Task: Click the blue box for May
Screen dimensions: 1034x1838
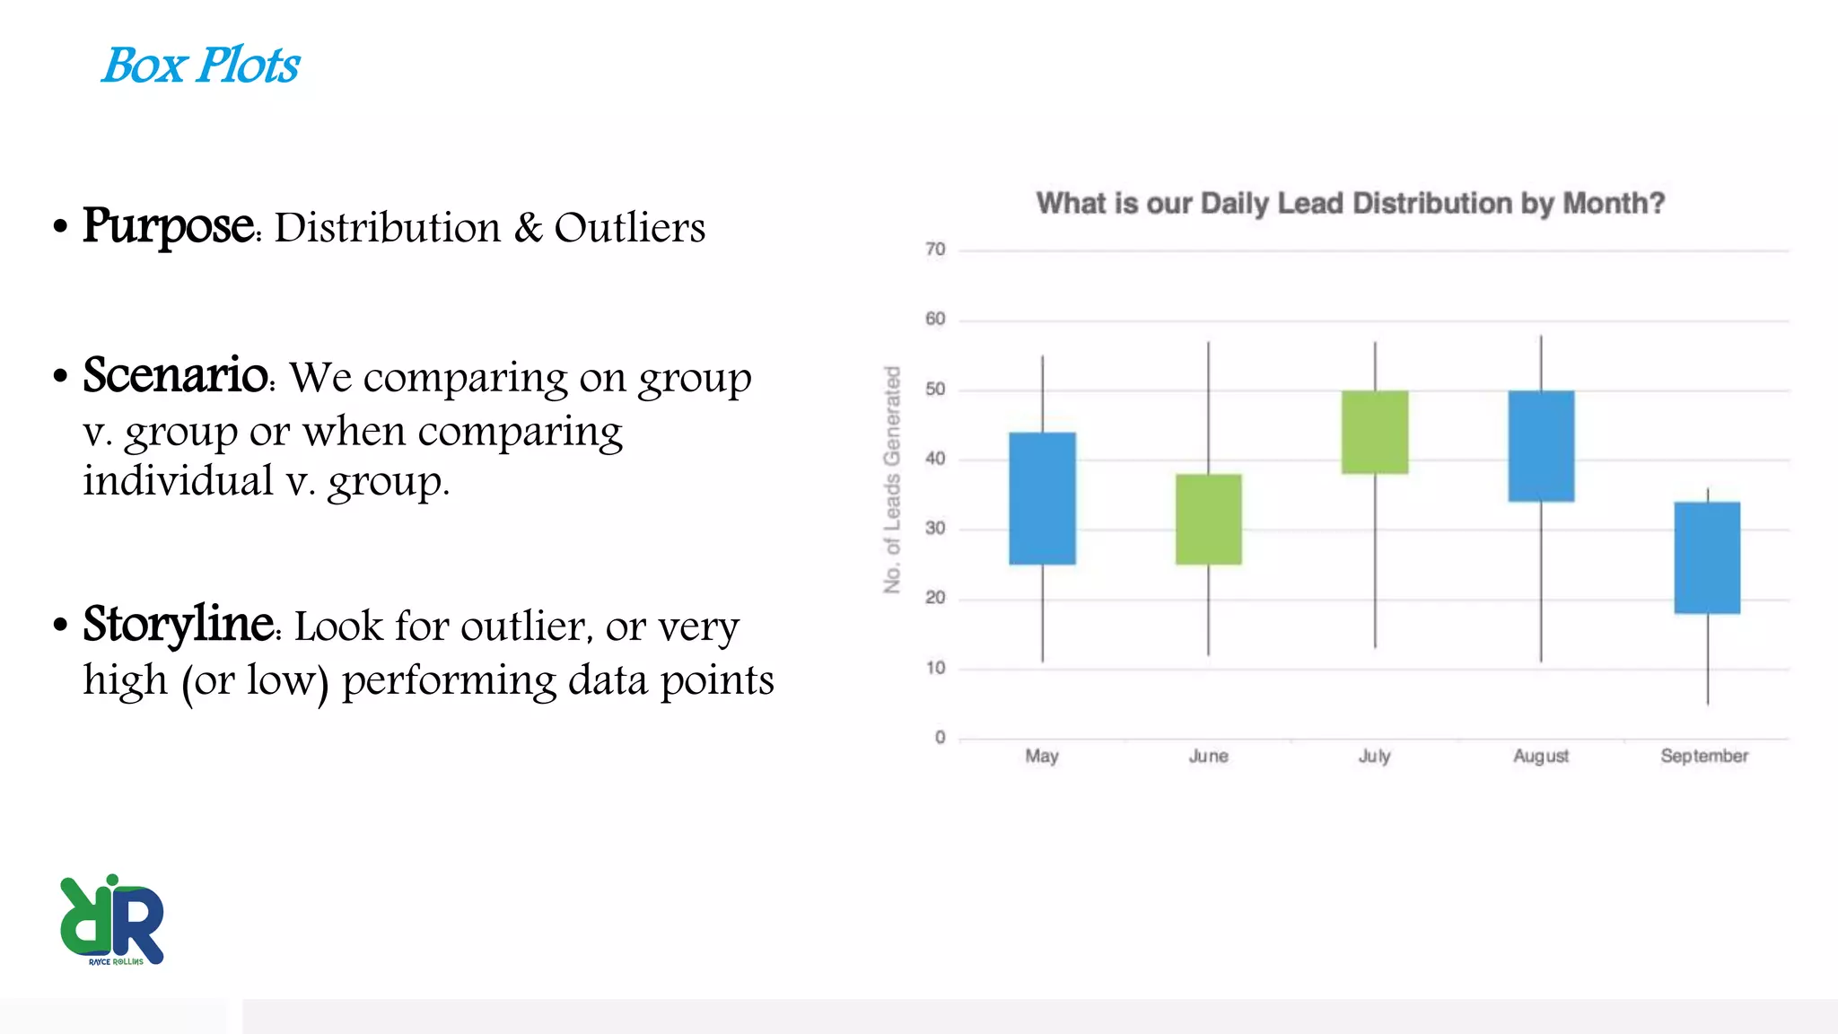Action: (1042, 498)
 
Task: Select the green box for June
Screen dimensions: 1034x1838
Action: (1209, 519)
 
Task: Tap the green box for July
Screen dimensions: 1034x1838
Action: (1375, 432)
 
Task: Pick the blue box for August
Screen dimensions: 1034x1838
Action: (1541, 446)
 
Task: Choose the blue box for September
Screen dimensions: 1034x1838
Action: (1707, 557)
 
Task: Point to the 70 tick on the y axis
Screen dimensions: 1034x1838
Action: (935, 250)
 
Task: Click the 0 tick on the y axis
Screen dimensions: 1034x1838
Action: (940, 738)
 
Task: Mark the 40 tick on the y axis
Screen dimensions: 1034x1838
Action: (935, 459)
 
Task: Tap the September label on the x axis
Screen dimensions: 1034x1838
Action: (1704, 756)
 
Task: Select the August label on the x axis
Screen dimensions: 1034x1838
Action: (1541, 756)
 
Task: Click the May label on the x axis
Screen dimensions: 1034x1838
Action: (1042, 756)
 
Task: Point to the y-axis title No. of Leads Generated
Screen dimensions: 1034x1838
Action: (891, 479)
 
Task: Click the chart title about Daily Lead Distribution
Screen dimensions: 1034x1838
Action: (1350, 204)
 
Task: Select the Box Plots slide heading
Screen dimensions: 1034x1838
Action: (201, 66)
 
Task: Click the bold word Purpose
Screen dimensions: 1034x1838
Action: (169, 226)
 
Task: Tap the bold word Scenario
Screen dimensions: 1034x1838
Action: (176, 375)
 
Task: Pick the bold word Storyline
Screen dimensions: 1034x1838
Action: (179, 624)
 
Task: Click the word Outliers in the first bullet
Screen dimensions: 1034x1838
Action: (629, 228)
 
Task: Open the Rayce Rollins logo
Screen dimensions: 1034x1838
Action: (112, 920)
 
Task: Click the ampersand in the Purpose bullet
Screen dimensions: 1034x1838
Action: (529, 228)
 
